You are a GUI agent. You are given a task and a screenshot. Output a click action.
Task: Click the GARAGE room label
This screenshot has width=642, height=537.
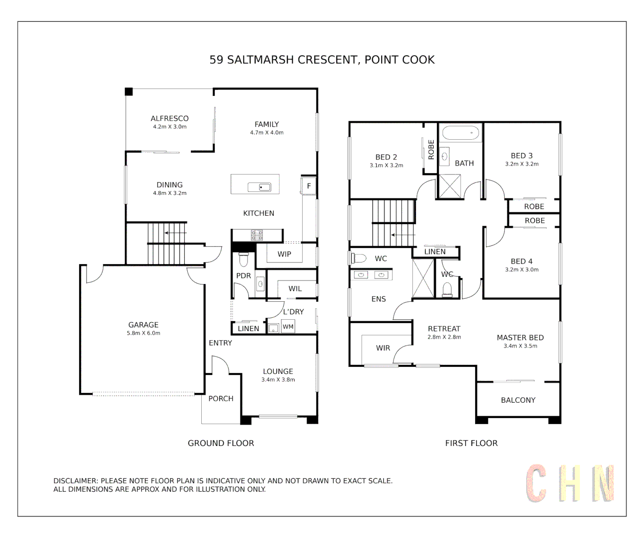point(143,325)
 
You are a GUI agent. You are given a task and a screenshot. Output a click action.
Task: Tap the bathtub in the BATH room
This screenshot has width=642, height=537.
point(461,133)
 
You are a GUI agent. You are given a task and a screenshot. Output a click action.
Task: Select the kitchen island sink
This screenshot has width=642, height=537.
point(259,187)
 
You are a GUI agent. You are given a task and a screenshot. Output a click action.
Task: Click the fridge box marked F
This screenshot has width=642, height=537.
point(309,186)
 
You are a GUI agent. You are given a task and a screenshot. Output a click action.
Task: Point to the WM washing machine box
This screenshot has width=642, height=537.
point(288,327)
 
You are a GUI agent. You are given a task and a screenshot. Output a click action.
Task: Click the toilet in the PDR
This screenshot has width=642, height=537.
point(243,259)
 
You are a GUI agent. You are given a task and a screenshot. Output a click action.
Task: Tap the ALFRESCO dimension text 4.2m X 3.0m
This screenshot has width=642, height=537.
point(169,127)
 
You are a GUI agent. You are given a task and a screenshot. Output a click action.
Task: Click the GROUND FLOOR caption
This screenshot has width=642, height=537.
point(221,443)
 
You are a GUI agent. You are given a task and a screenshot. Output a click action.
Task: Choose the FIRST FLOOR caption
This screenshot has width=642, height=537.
point(471,443)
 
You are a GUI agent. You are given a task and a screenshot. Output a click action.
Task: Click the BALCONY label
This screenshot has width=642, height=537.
point(518,400)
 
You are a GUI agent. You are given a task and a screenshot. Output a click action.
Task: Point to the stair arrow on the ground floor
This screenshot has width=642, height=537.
point(175,232)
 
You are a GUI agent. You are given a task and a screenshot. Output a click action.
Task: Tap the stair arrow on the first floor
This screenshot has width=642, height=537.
point(403,235)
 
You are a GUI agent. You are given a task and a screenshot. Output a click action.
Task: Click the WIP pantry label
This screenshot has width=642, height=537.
point(284,254)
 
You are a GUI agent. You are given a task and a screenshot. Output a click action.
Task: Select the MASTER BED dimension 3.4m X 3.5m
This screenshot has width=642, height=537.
point(520,346)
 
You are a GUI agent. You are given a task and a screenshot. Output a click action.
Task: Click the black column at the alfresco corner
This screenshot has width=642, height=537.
point(129,91)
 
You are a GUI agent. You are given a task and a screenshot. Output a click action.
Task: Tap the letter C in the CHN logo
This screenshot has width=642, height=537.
point(537,483)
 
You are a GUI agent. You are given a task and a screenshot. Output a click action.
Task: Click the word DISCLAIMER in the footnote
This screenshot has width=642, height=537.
point(76,481)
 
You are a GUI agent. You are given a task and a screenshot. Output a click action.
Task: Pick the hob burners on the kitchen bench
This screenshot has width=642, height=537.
point(257,235)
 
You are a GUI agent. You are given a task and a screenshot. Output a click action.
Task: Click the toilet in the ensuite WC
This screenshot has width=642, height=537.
point(358,258)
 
